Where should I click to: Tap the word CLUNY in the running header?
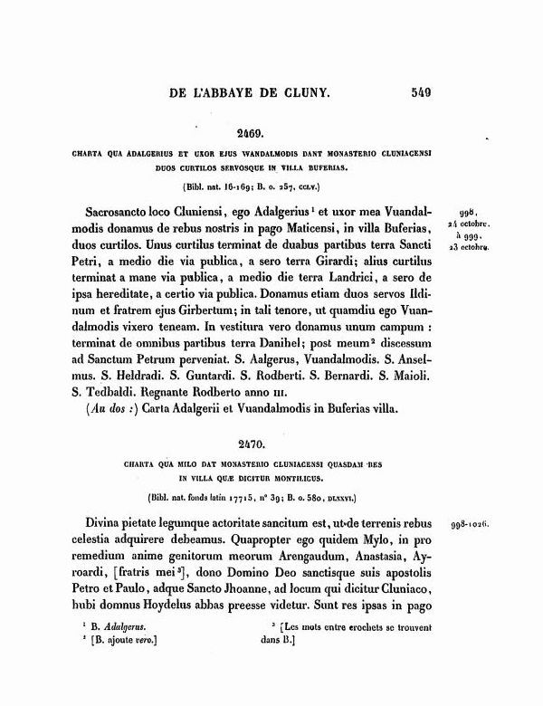point(306,91)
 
